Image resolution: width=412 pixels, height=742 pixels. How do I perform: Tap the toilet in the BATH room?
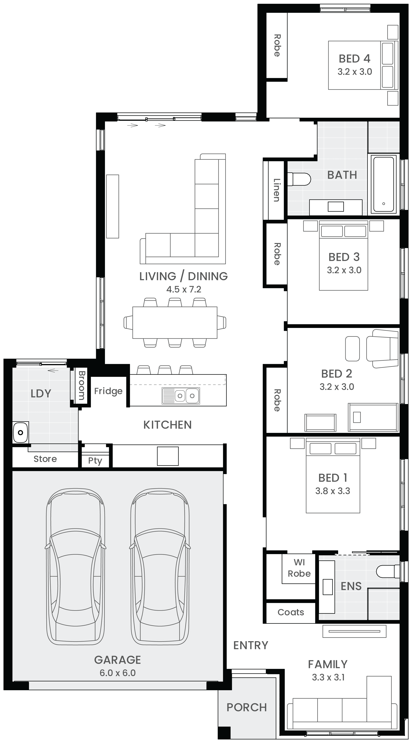299,179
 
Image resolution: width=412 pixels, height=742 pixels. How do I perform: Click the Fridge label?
108,391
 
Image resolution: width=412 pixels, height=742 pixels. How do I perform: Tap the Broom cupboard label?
82,385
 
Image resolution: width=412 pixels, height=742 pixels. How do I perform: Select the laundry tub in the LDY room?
20,432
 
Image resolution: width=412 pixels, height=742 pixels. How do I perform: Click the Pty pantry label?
95,461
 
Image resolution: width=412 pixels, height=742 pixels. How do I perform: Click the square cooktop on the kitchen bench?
168,456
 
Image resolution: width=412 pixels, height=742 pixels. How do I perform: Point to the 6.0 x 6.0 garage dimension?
118,673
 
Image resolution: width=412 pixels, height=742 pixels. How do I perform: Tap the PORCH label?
247,707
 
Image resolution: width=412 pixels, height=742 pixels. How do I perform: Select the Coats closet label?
291,612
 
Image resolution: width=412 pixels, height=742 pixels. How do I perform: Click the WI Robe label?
299,568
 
